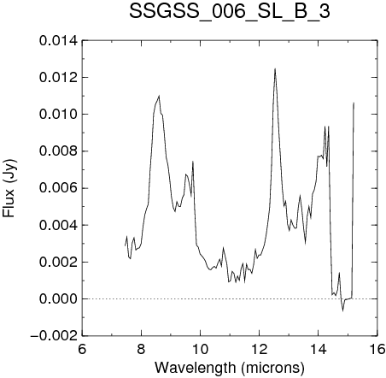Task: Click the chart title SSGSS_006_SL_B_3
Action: pyautogui.click(x=230, y=12)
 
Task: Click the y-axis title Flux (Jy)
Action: pyautogui.click(x=9, y=188)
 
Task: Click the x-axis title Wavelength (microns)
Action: pyautogui.click(x=230, y=368)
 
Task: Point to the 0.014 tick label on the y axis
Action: pyautogui.click(x=58, y=41)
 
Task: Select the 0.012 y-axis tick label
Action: pyautogui.click(x=58, y=78)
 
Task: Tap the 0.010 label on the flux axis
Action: pyautogui.click(x=58, y=115)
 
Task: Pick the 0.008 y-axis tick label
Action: pyautogui.click(x=58, y=151)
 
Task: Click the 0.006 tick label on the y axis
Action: pyautogui.click(x=58, y=188)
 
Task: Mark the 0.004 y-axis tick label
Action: pyautogui.click(x=58, y=225)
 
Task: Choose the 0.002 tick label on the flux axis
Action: pyautogui.click(x=58, y=262)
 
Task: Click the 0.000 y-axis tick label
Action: pyautogui.click(x=58, y=299)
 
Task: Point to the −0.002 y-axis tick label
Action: pyautogui.click(x=54, y=336)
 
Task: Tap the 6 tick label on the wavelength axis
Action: pyautogui.click(x=82, y=349)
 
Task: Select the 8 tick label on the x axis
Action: pyautogui.click(x=141, y=349)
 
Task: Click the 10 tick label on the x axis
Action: pyautogui.click(x=201, y=349)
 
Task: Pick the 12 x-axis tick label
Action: pyautogui.click(x=260, y=349)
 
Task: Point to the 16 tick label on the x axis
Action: pyautogui.click(x=377, y=349)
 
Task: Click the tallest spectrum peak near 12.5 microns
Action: pyautogui.click(x=275, y=68)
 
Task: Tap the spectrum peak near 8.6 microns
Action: pyautogui.click(x=159, y=96)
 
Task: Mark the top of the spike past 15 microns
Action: pyautogui.click(x=354, y=103)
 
